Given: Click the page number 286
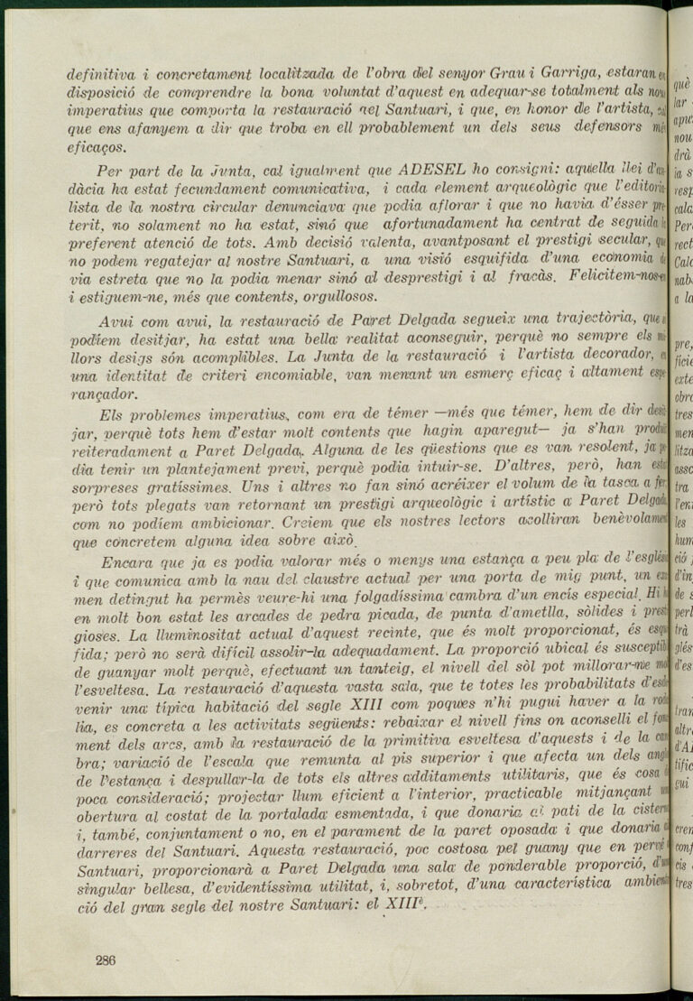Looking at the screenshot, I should point(106,960).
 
